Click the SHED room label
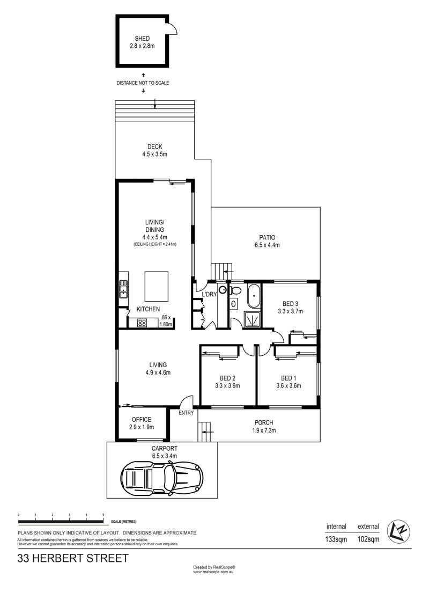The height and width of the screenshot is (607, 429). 142,39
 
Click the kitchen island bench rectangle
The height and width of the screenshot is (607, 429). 157,286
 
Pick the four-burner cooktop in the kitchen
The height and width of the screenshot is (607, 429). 142,323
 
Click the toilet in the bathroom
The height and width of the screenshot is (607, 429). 235,290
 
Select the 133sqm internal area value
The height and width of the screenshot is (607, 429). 337,539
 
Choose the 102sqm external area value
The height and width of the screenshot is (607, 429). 368,539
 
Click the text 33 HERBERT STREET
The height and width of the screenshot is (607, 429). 73,559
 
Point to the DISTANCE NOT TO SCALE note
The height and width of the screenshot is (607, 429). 143,83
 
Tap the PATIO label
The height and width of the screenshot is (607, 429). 267,238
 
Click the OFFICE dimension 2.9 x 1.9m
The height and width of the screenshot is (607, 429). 142,427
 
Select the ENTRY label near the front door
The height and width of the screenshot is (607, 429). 186,413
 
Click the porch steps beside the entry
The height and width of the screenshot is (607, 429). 205,432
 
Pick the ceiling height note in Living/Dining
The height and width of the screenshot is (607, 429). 155,244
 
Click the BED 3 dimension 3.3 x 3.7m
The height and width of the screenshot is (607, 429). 290,311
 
